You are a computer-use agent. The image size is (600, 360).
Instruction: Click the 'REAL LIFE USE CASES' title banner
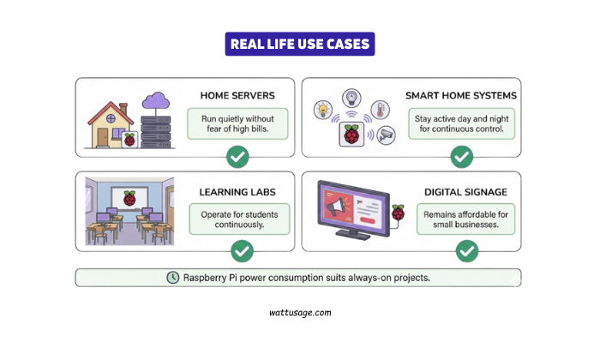300,45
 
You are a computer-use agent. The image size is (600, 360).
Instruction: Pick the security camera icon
387,136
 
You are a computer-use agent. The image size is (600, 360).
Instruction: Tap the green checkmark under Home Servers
237,157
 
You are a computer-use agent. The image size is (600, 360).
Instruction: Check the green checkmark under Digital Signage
466,250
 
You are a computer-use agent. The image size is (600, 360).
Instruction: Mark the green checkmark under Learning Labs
243,250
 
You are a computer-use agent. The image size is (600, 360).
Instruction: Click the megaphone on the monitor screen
339,204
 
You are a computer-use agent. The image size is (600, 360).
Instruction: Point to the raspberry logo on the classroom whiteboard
129,199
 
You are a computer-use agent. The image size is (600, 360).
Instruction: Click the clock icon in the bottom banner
173,278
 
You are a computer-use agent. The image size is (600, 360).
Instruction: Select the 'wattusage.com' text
299,314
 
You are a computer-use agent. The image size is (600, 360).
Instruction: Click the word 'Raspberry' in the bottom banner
210,278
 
